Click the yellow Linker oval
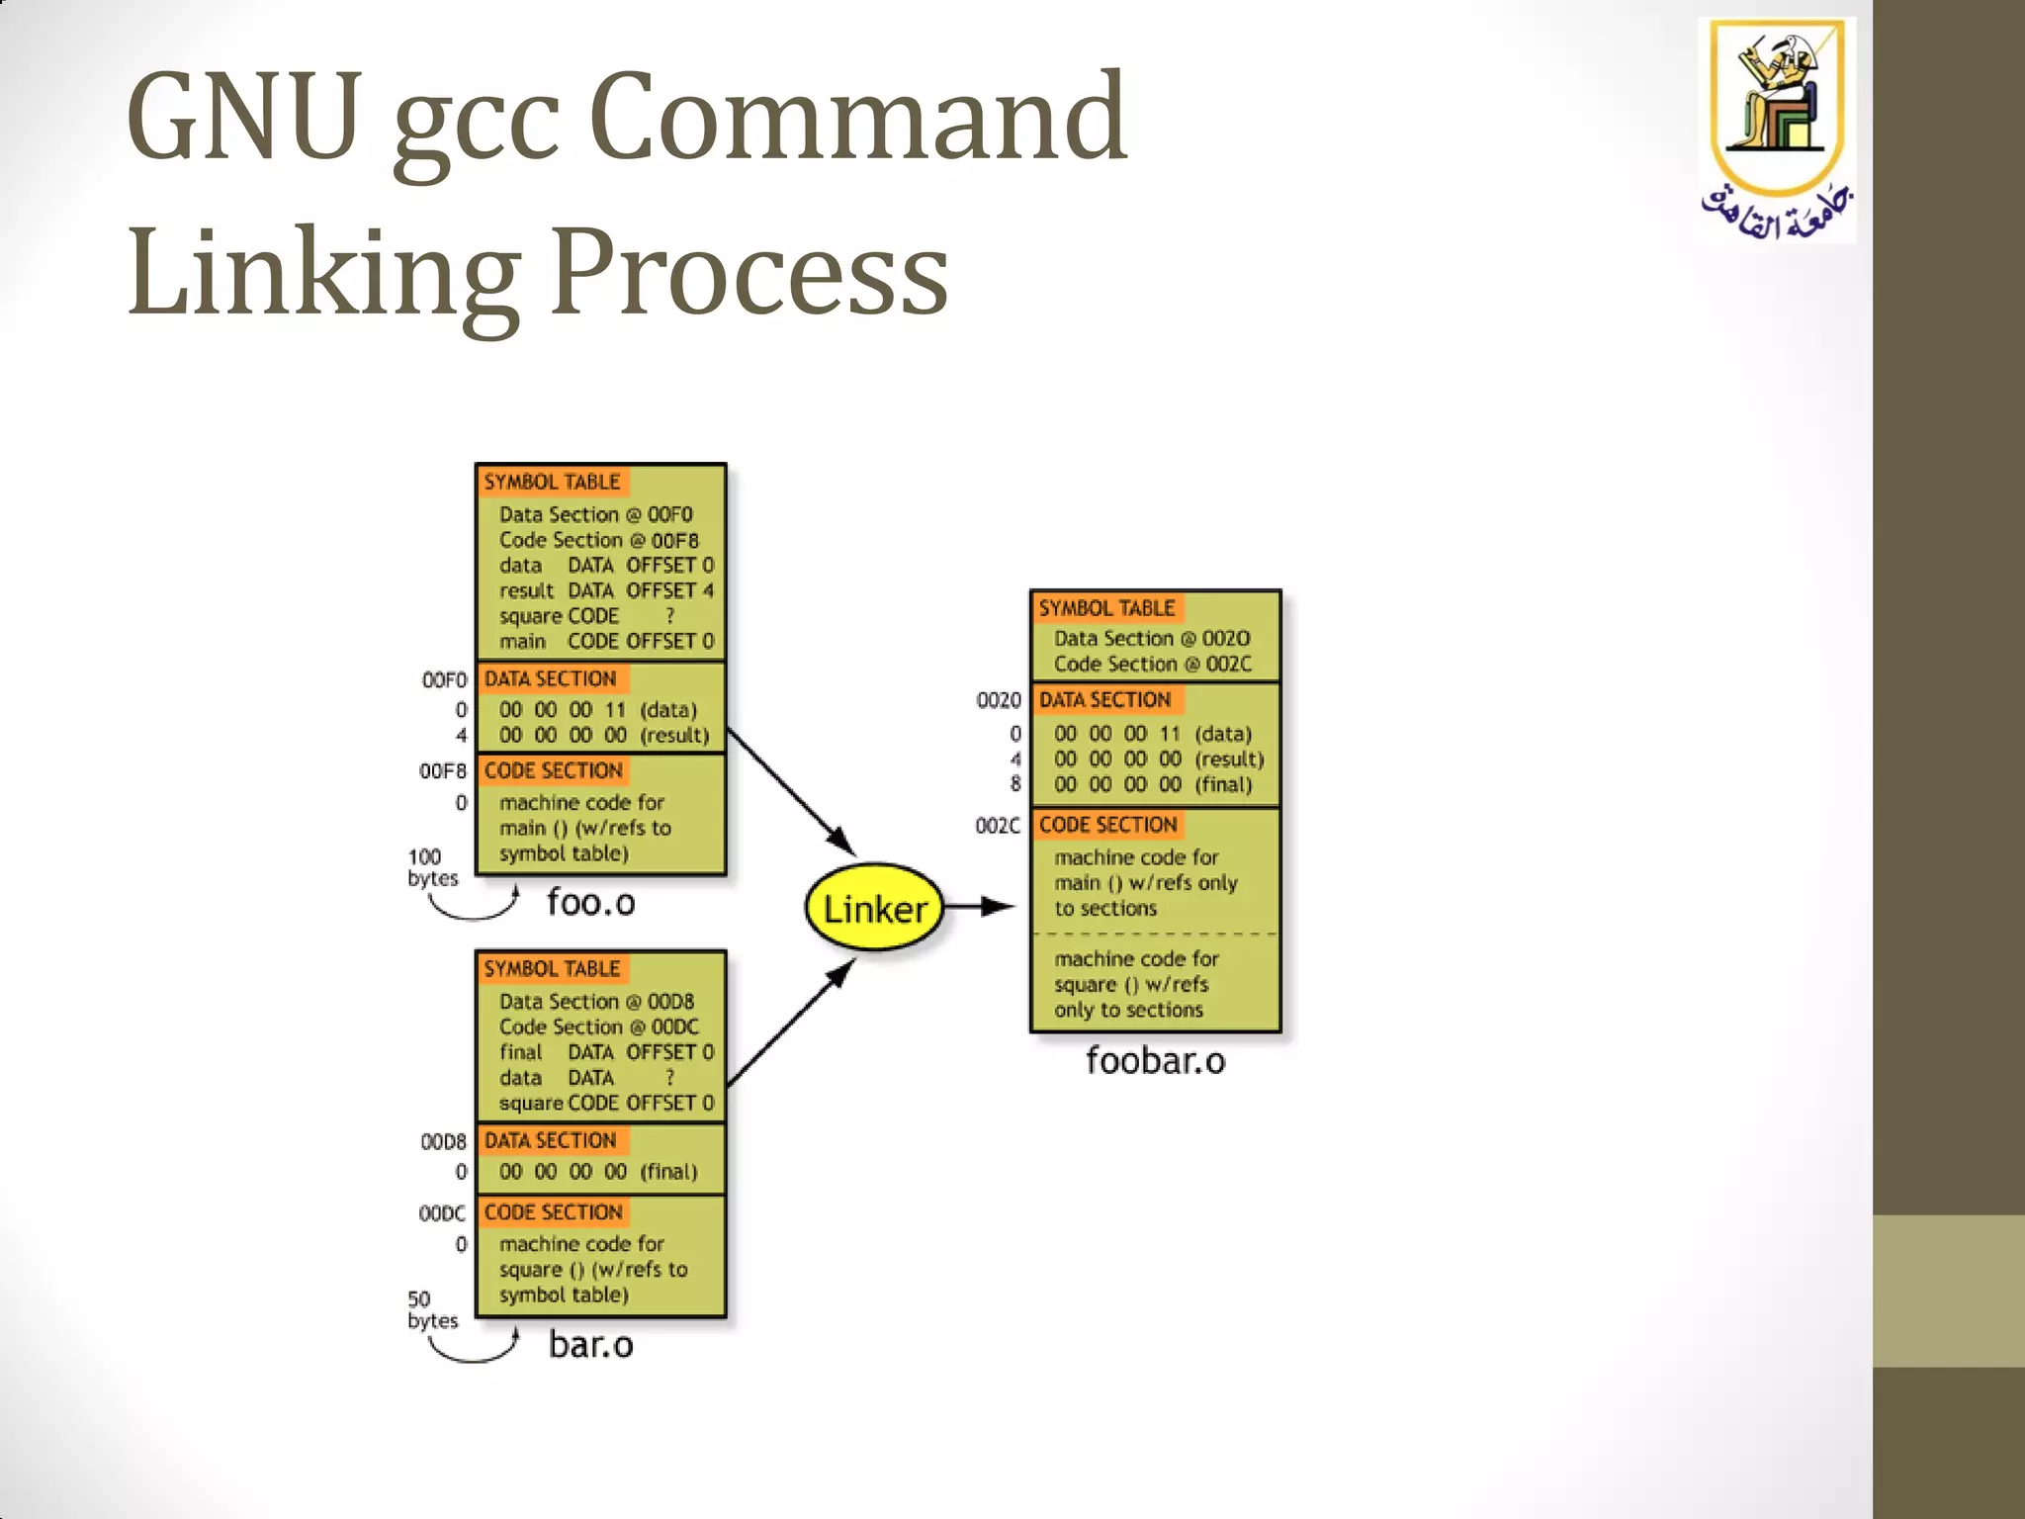(x=874, y=908)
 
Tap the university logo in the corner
(x=1777, y=129)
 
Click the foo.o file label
(x=590, y=902)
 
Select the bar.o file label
(x=590, y=1344)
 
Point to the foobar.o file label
(x=1155, y=1060)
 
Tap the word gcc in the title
(x=477, y=119)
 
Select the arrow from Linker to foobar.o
(x=982, y=906)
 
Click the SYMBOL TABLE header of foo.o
(x=552, y=482)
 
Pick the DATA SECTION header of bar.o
(x=550, y=1140)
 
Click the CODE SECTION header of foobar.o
(x=1107, y=825)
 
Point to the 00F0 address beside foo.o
(x=444, y=680)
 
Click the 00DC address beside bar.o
(x=442, y=1213)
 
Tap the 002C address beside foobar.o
(x=997, y=826)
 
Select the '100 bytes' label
(x=433, y=867)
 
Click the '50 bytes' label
(x=432, y=1309)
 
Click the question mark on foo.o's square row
(x=669, y=615)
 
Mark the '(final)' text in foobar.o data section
(x=1223, y=784)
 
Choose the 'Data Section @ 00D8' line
(x=596, y=1001)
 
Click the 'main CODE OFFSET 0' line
(x=605, y=641)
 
